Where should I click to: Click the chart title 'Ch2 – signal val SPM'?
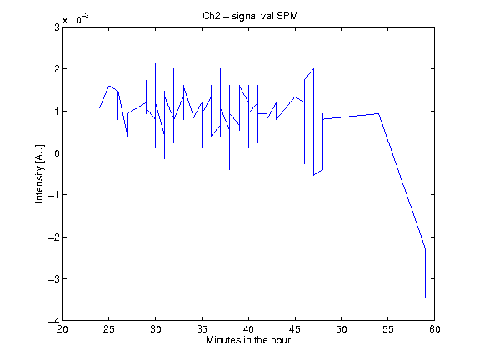[250, 16]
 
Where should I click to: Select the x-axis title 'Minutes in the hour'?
[248, 340]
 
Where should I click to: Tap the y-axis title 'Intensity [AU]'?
[40, 173]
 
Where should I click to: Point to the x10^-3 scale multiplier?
[76, 19]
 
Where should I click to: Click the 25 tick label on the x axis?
[108, 329]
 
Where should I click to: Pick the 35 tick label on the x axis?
[202, 329]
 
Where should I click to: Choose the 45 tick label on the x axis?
[295, 329]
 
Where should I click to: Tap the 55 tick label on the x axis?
[387, 329]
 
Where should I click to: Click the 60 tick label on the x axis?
[434, 329]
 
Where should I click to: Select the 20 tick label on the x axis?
[62, 329]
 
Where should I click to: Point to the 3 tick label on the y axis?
[57, 27]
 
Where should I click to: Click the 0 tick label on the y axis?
[57, 153]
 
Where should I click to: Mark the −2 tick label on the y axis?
[54, 237]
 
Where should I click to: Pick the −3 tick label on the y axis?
[54, 279]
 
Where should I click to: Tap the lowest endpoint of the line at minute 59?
[425, 297]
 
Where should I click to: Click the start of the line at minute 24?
[99, 107]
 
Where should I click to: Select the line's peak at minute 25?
[109, 86]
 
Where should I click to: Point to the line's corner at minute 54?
[378, 113]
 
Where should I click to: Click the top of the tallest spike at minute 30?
[155, 63]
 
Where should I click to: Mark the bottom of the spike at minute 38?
[230, 170]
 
